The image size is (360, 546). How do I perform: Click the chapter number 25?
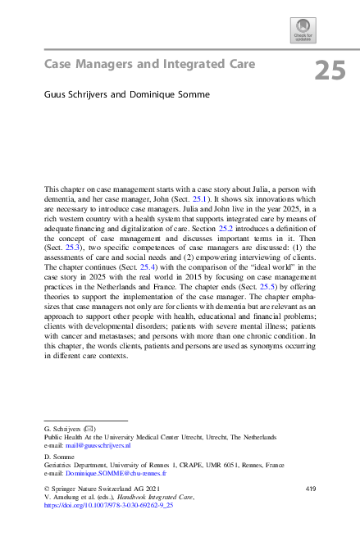pyautogui.click(x=330, y=71)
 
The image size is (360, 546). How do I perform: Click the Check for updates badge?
pyautogui.click(x=301, y=30)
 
